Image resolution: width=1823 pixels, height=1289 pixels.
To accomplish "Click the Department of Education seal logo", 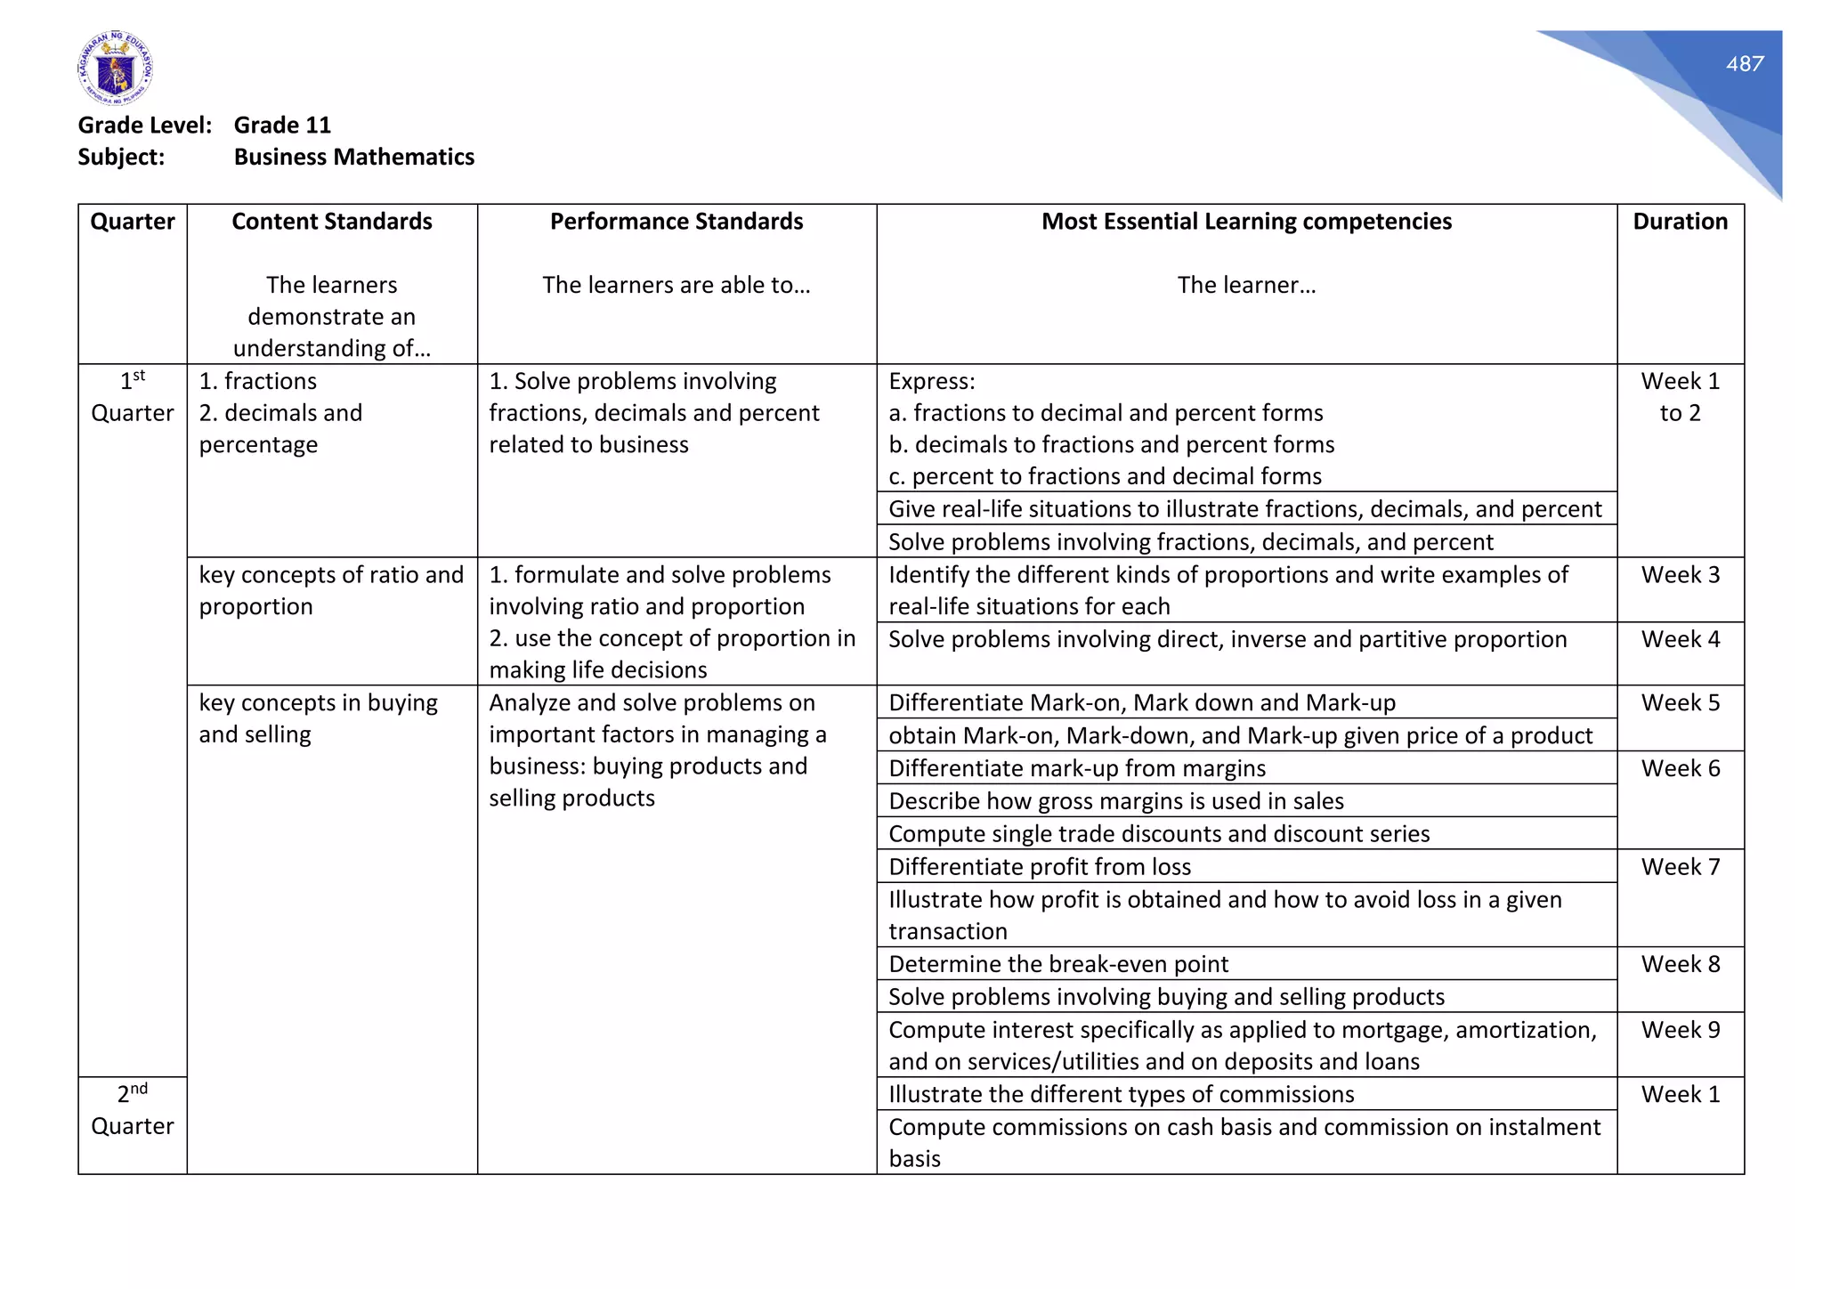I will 115,69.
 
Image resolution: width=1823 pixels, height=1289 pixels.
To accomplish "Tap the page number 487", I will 1744,64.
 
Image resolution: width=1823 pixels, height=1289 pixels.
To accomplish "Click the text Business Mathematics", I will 353,157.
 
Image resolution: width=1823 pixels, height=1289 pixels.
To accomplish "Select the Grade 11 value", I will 282,125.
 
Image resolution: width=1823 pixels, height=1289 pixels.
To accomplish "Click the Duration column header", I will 1680,222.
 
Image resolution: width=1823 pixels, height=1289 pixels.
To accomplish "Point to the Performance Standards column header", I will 676,222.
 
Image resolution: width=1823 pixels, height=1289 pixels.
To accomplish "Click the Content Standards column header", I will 331,222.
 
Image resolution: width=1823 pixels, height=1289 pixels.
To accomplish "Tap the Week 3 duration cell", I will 1680,575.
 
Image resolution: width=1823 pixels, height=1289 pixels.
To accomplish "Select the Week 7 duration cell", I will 1680,867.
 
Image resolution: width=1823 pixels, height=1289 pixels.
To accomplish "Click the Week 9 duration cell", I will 1680,1030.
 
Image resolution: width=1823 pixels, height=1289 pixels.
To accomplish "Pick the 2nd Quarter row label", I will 133,1110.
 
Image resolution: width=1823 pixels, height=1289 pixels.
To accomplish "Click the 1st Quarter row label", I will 133,397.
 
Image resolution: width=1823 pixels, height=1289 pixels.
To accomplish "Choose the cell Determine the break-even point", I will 1057,964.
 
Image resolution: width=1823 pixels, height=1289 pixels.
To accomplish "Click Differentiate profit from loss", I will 1039,867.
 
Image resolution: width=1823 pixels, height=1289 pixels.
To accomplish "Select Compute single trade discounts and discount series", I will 1158,834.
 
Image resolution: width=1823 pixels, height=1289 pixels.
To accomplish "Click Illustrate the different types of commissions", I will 1121,1094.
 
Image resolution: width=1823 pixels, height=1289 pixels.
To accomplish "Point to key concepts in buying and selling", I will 318,718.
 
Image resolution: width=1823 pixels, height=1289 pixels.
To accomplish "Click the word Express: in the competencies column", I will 931,382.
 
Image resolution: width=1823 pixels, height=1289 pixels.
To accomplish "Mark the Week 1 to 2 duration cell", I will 1680,397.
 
